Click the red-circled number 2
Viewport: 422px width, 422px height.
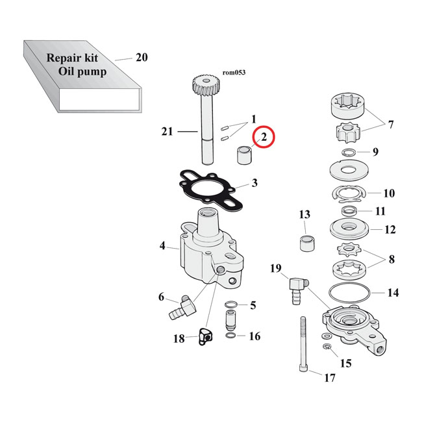tap(264, 138)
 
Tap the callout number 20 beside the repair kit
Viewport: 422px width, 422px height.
tap(142, 58)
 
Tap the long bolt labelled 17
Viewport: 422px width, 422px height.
tap(303, 344)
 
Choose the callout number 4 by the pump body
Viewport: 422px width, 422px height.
tap(163, 246)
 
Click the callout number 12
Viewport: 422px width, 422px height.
tap(390, 230)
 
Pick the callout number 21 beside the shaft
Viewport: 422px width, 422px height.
tap(167, 132)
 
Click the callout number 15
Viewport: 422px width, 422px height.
tap(345, 364)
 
